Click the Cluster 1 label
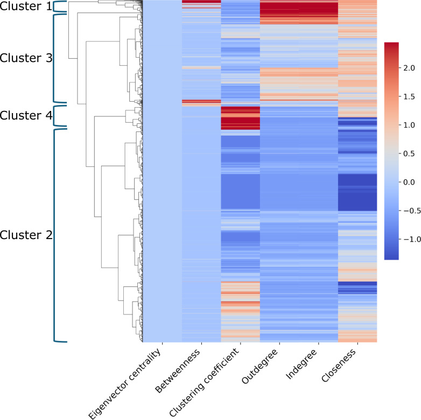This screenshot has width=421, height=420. pyautogui.click(x=26, y=8)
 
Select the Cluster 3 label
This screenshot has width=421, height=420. pyautogui.click(x=26, y=58)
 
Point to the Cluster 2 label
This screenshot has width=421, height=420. pyautogui.click(x=26, y=235)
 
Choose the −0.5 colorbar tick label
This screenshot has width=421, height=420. pyautogui.click(x=410, y=211)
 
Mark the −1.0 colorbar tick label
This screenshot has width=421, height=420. pyautogui.click(x=410, y=239)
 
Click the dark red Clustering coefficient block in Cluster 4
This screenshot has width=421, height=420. pyautogui.click(x=240, y=118)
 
